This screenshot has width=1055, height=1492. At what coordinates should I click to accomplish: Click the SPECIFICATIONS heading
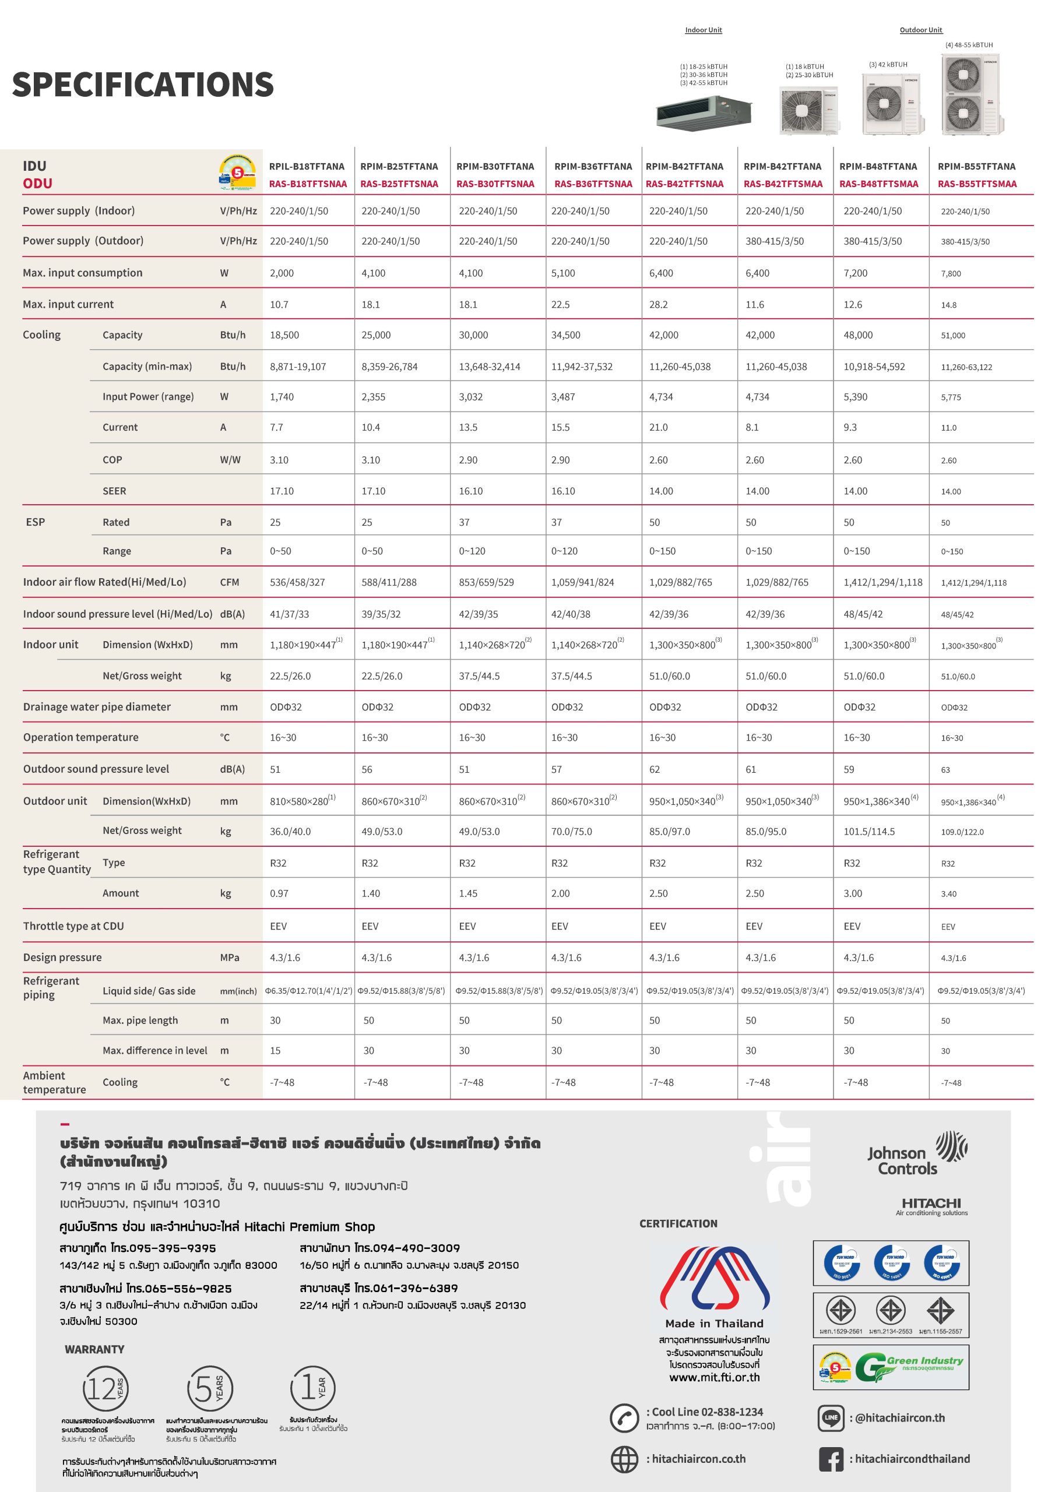pos(143,85)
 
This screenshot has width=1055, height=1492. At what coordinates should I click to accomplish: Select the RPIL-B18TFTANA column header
pos(307,166)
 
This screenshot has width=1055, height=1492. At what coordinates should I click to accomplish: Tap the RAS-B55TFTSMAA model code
pos(977,184)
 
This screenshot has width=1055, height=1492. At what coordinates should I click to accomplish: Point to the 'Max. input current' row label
pos(68,304)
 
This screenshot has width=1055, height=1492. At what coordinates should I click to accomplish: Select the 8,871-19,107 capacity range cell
pos(298,367)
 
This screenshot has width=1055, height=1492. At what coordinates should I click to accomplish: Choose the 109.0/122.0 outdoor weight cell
pos(962,832)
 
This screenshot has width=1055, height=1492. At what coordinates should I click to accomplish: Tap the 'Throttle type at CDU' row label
pos(73,926)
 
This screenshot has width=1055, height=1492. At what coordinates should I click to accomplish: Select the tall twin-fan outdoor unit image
pos(970,95)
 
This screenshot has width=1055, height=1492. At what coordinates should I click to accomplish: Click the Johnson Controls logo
pos(917,1153)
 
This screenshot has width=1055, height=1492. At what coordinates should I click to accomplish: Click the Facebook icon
pos(831,1459)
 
